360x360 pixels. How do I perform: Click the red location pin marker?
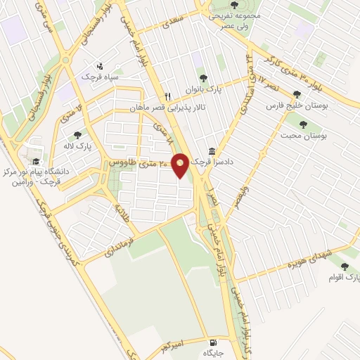(x=180, y=165)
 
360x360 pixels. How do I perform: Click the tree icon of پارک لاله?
(x=77, y=135)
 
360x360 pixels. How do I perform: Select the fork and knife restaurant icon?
(x=167, y=97)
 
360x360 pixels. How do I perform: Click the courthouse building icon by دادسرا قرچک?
(x=212, y=151)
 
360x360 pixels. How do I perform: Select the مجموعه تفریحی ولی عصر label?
(x=236, y=20)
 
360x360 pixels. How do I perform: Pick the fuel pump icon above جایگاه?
(x=212, y=340)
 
